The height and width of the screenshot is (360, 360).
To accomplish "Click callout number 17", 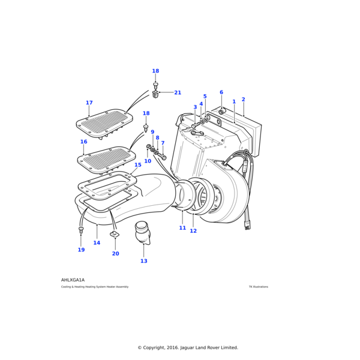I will coord(89,103).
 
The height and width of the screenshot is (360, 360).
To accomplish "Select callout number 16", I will coord(83,142).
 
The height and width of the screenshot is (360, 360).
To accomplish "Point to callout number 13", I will coord(143,261).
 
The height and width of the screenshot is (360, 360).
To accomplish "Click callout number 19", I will coord(81,250).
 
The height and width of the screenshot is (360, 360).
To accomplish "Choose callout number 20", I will coord(115,253).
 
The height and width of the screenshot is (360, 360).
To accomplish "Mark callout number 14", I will coord(97,243).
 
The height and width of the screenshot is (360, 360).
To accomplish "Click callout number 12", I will coord(193,231).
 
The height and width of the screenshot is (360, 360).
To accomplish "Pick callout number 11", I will coord(182,228).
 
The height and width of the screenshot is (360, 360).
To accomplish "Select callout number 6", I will coord(221,92).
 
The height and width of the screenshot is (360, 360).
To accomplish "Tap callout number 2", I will coord(243,100).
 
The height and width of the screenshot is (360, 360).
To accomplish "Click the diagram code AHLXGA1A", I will coord(73,280).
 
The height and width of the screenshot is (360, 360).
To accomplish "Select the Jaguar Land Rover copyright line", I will coord(188,347).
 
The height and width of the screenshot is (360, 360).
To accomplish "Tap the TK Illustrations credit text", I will coord(259,287).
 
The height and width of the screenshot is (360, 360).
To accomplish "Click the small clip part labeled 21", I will coord(156,94).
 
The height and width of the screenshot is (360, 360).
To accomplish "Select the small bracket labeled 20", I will coord(115,234).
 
